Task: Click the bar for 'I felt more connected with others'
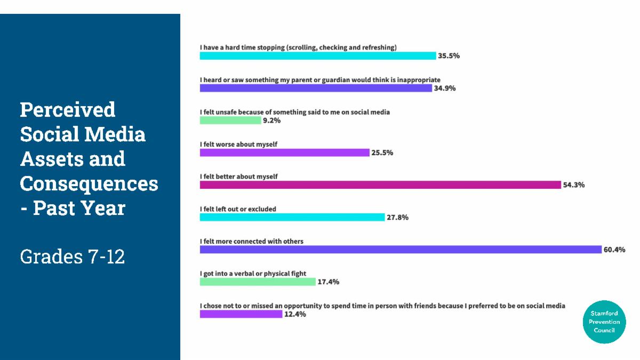[401, 250]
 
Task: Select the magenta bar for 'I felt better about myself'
[380, 185]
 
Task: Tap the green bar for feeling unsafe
[230, 121]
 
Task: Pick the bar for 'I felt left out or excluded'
[292, 217]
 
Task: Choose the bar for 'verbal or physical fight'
[258, 282]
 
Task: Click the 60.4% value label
[614, 250]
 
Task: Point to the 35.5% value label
[449, 55]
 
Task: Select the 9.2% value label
[271, 121]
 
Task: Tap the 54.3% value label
[574, 185]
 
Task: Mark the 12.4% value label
[295, 314]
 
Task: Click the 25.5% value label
[382, 153]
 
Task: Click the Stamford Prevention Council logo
[604, 322]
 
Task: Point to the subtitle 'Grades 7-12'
[73, 257]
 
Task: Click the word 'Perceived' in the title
[68, 109]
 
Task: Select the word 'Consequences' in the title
[89, 183]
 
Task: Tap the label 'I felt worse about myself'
[238, 145]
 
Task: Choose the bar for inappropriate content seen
[316, 88]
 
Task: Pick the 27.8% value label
[397, 217]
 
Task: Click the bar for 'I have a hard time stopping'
[318, 55]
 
